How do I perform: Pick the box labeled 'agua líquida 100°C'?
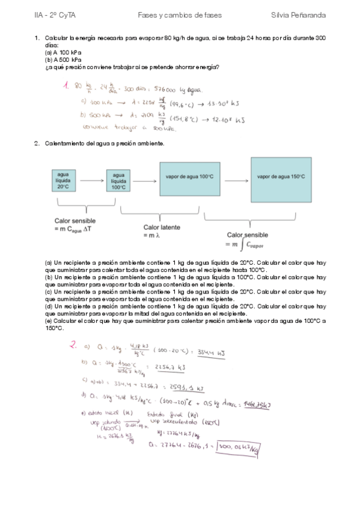click(118, 179)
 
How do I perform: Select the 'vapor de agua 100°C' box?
click(189, 176)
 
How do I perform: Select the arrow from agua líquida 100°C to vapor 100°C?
click(145, 179)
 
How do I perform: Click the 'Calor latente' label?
click(162, 227)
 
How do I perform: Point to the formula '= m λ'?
click(152, 235)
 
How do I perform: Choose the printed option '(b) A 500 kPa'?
click(63, 60)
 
